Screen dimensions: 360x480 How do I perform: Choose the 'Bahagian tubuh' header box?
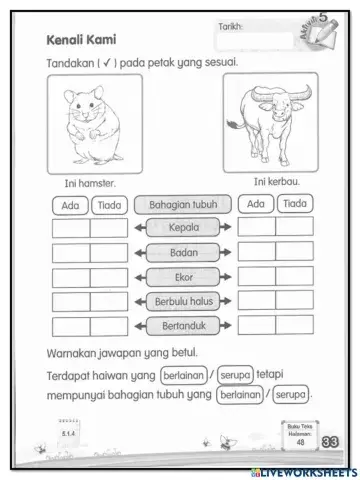point(183,204)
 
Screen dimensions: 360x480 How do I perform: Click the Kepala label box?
point(183,226)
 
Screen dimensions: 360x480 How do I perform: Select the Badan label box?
point(183,250)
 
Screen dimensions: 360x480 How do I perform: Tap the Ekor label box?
point(183,275)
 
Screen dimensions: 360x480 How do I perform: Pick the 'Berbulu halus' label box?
point(183,300)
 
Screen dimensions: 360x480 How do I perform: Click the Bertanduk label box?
point(183,325)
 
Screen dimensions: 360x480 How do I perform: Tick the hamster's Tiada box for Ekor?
point(108,276)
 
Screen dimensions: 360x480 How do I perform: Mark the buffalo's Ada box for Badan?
point(257,251)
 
